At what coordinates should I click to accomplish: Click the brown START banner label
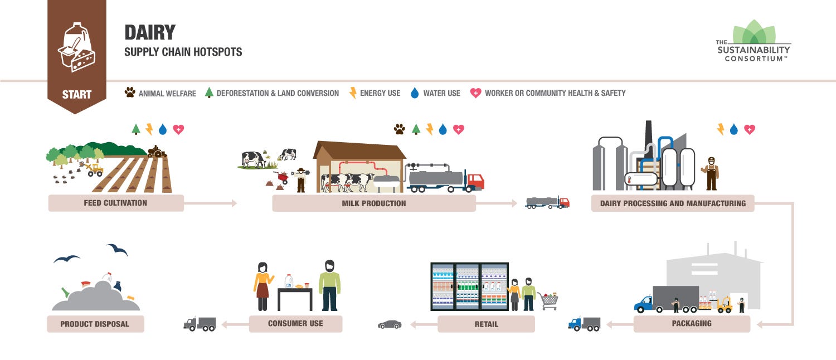(77, 94)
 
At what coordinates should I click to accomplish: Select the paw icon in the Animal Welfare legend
(130, 93)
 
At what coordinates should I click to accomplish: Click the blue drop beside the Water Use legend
(414, 93)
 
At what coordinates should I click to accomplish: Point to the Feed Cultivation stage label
(115, 203)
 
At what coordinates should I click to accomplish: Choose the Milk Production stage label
(373, 203)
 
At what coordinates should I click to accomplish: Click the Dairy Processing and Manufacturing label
(672, 203)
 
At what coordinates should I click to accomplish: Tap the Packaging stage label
(691, 323)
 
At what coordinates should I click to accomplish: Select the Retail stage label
(486, 324)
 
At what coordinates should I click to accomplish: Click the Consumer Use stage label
(295, 323)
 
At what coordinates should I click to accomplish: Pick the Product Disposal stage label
(95, 324)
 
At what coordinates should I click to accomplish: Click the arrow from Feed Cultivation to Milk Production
(210, 203)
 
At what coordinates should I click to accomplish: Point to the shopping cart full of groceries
(548, 300)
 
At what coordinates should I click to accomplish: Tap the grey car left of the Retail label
(390, 324)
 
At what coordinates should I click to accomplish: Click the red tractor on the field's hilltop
(156, 151)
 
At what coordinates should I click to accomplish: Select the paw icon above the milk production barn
(400, 129)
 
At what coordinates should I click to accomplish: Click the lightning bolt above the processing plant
(721, 129)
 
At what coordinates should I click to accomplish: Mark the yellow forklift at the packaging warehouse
(724, 304)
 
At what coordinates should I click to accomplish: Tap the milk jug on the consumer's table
(289, 280)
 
